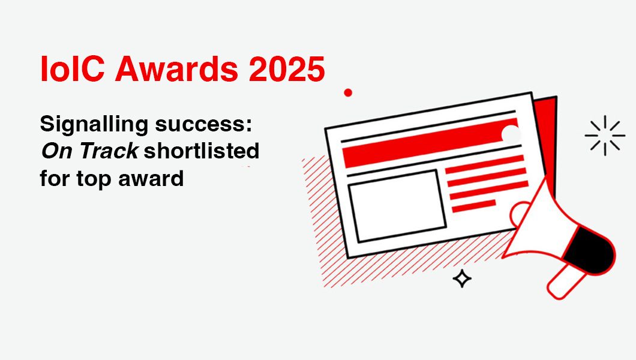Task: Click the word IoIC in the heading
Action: point(73,69)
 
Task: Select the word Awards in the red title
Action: point(176,69)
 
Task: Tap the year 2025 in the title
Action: point(287,69)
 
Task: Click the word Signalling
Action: point(94,124)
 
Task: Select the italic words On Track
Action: point(89,151)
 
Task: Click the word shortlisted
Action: point(202,151)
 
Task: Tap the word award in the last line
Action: point(151,178)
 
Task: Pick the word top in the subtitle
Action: point(94,179)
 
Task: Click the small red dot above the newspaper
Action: point(348,93)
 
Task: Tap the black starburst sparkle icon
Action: point(605,136)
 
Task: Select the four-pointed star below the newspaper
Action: point(462,278)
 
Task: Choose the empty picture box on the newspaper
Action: point(397,206)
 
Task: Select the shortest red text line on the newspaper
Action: point(474,206)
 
